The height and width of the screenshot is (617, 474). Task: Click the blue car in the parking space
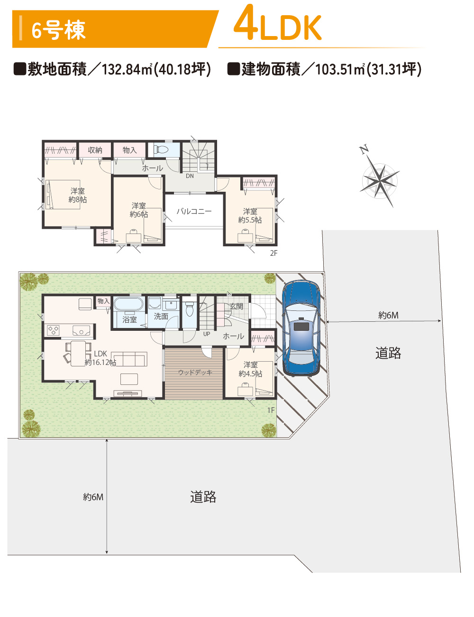[x=301, y=328]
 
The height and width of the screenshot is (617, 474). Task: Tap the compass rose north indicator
[x=380, y=180]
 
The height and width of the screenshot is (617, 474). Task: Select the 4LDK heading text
[x=277, y=24]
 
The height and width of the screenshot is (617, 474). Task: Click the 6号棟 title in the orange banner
[x=58, y=30]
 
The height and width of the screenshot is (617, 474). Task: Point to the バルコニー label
[x=194, y=211]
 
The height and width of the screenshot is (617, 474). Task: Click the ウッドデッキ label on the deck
[x=195, y=372]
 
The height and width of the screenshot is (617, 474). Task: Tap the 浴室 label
[x=129, y=320]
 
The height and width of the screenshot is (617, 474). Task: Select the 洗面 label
[x=161, y=316]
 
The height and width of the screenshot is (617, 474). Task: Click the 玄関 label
[x=236, y=307]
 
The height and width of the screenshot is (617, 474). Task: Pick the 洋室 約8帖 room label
[x=78, y=195]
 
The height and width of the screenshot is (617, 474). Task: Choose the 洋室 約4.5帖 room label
[x=250, y=369]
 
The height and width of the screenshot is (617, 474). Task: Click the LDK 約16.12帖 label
[x=100, y=358]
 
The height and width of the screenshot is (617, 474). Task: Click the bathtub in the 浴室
[x=128, y=304]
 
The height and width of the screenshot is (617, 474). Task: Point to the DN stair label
[x=190, y=176]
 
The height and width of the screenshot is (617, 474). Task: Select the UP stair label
[x=207, y=334]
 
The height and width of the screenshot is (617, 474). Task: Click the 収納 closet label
[x=95, y=150]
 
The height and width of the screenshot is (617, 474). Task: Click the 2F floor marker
[x=273, y=253]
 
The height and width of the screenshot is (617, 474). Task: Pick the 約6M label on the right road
[x=388, y=315]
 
